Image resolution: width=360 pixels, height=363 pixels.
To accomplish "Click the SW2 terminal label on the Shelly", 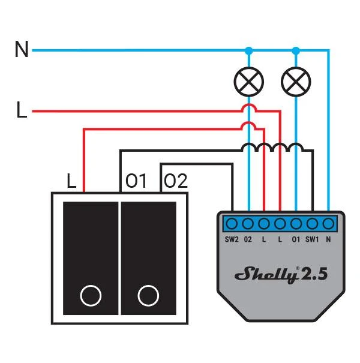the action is (232, 239).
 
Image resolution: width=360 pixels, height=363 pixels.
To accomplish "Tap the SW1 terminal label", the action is (312, 239).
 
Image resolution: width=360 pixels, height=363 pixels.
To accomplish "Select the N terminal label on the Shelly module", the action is (328, 239).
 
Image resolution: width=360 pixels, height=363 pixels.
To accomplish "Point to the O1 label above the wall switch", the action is (136, 181).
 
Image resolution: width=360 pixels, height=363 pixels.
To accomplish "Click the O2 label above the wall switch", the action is (176, 181).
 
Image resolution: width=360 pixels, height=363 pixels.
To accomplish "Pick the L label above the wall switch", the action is (71, 181).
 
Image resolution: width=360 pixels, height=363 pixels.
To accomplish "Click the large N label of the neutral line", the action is (22, 49).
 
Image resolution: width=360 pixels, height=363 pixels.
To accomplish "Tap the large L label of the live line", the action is (22, 110).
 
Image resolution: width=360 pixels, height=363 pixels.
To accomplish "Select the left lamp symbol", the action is (248, 82).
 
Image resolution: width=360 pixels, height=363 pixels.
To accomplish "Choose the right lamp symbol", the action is (296, 82).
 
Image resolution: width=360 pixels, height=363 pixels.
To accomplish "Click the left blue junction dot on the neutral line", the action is (248, 50).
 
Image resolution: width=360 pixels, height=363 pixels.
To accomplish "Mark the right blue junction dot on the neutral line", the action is (296, 50).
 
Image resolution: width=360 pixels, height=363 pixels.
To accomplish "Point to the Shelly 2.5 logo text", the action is (281, 275).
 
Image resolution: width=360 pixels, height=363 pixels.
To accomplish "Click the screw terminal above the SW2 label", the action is (232, 224).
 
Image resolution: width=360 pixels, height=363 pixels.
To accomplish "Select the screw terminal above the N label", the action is (328, 224).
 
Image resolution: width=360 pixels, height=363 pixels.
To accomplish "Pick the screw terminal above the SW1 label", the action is (312, 224).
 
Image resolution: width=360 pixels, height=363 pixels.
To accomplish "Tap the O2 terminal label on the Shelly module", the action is (248, 239).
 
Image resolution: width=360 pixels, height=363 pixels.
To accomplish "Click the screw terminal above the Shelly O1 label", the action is (296, 224).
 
